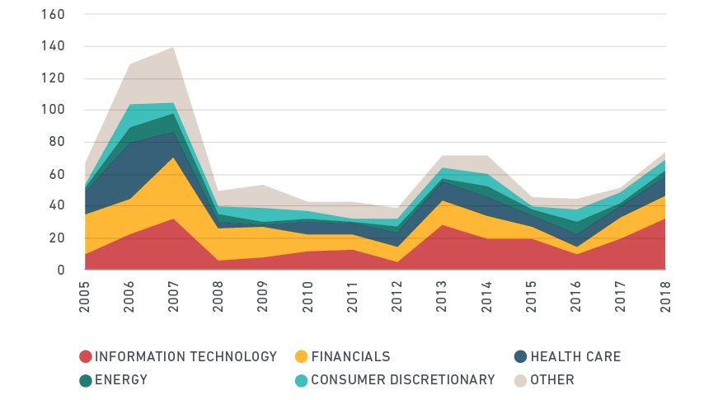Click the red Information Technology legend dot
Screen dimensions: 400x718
(x=85, y=357)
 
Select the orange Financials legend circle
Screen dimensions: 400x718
(x=301, y=357)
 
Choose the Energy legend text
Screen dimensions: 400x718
(x=121, y=380)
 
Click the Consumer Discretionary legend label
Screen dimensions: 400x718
(x=403, y=380)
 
